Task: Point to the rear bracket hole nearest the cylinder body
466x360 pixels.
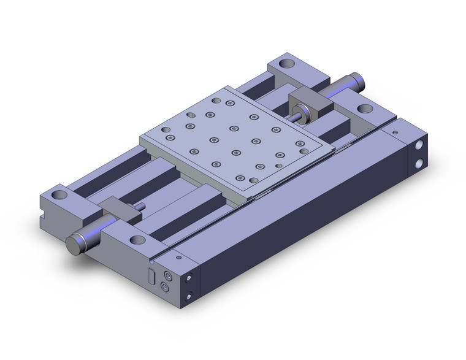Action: click(x=364, y=110)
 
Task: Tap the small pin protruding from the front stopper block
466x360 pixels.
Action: click(x=142, y=206)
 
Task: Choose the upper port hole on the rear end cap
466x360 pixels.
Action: click(x=420, y=147)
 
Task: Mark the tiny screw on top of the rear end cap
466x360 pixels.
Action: click(x=395, y=131)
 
